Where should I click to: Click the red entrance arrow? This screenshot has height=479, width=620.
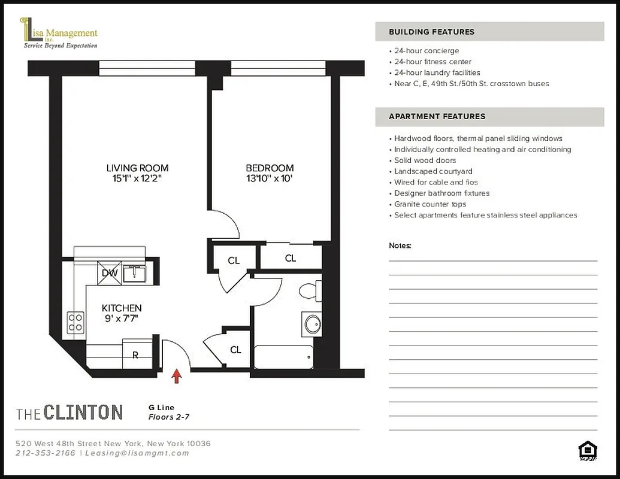click(177, 375)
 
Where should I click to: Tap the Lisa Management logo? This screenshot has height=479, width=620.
click(59, 34)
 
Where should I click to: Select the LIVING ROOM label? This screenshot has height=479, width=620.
click(137, 168)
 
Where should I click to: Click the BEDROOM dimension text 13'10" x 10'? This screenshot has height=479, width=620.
click(270, 179)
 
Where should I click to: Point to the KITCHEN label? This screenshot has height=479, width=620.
click(122, 308)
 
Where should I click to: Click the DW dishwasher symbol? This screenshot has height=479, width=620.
click(110, 272)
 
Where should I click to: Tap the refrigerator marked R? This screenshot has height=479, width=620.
click(135, 354)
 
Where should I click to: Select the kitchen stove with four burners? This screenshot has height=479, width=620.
click(75, 323)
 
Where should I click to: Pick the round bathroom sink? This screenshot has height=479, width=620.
click(312, 324)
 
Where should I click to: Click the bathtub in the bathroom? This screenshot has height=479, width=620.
click(283, 357)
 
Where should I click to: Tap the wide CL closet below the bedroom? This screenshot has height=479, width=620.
click(291, 258)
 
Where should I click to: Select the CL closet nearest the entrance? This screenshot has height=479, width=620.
click(235, 349)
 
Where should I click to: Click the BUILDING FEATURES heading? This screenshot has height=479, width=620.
click(431, 32)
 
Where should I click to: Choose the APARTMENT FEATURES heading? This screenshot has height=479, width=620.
click(437, 116)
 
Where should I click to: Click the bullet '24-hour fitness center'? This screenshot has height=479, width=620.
click(433, 62)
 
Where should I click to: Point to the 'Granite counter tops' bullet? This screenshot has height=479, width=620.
click(430, 204)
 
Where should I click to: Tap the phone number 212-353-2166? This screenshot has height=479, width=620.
click(46, 453)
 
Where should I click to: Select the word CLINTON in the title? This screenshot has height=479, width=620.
click(83, 412)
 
